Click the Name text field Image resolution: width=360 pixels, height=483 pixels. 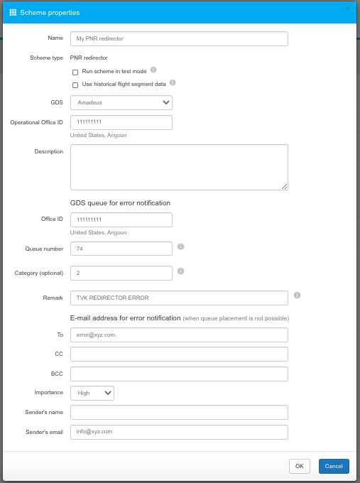coord(179,39)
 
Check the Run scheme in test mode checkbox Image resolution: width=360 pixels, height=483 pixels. coord(75,72)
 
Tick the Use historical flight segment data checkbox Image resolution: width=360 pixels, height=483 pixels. coord(75,85)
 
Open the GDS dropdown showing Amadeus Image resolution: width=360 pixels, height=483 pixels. coord(121,103)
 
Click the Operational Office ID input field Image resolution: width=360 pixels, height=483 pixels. coord(121,122)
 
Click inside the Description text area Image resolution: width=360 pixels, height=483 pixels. coord(179,167)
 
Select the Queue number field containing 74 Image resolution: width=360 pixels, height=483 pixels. coord(121,249)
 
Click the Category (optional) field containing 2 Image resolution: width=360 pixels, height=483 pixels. coord(121,273)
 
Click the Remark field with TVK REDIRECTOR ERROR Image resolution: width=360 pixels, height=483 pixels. coord(179,297)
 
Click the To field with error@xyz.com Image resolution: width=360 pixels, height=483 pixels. coord(179,335)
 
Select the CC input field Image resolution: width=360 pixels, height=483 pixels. coord(179,354)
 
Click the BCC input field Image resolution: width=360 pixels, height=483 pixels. coord(179,374)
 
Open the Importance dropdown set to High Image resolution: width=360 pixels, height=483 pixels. coord(92,393)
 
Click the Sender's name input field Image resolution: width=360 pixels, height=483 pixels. coord(179,412)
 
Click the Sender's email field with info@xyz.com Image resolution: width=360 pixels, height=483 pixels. coord(179,432)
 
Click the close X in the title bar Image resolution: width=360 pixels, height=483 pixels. coord(348,9)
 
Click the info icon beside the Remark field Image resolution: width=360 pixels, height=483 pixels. coord(297,295)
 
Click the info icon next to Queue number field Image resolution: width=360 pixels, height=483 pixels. coord(181,246)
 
